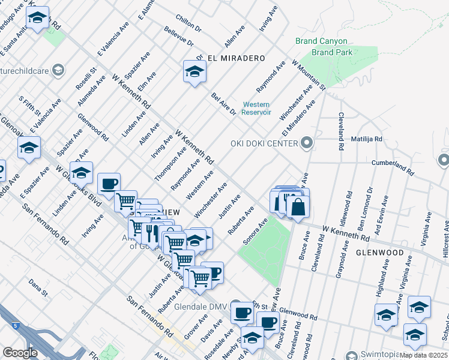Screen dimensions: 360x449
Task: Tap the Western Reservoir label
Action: pyautogui.click(x=256, y=109)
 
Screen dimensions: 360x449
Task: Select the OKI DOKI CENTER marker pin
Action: pyautogui.click(x=307, y=143)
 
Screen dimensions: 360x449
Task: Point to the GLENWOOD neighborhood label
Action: pyautogui.click(x=379, y=253)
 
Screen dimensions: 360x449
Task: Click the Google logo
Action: pyautogui.click(x=20, y=352)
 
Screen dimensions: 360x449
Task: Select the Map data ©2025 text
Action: pyautogui.click(x=424, y=355)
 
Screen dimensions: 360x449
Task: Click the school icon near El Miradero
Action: pyautogui.click(x=194, y=72)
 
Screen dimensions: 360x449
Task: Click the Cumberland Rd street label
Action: pyautogui.click(x=393, y=167)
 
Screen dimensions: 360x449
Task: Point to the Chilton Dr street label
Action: pyautogui.click(x=188, y=23)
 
